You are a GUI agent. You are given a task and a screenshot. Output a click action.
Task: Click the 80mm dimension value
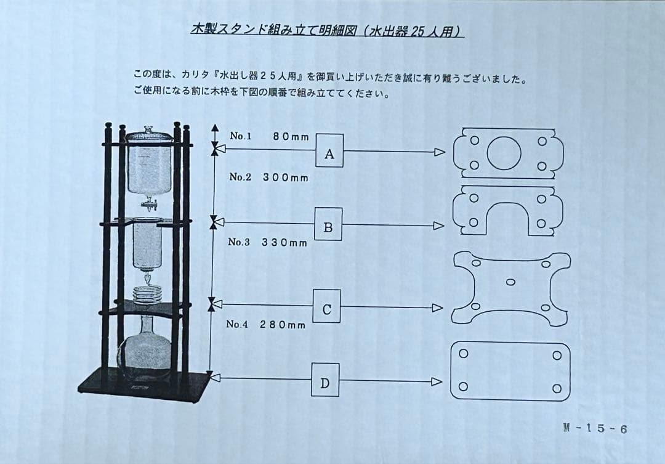pos(291,137)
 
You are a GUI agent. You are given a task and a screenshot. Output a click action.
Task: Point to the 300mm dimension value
pos(286,177)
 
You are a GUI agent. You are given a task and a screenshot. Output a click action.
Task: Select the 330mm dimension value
pos(284,243)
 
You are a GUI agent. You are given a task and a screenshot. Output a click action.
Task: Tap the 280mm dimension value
pos(282,325)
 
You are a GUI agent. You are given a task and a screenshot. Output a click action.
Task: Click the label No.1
pos(241,136)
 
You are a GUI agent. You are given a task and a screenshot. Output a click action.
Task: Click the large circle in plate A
pos(504,153)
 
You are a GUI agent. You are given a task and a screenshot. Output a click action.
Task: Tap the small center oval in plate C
pos(510,282)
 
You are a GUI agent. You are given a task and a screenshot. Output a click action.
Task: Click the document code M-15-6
pos(595,429)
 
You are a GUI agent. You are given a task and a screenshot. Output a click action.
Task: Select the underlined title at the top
pos(327,31)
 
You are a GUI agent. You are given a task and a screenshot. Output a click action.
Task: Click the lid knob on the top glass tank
pos(148,129)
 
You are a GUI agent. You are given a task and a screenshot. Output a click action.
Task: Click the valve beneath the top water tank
pos(148,203)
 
